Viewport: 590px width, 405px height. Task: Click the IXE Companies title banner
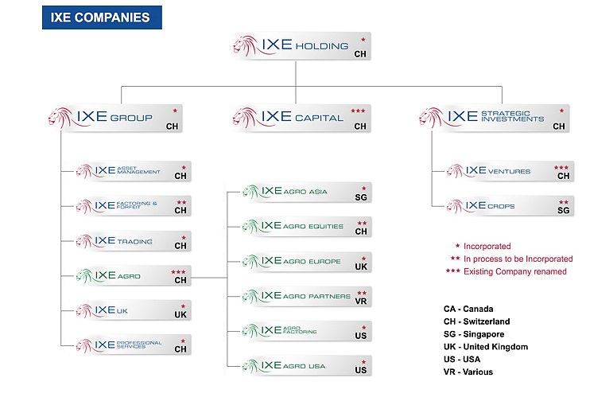click(101, 18)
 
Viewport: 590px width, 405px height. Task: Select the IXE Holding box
click(302, 46)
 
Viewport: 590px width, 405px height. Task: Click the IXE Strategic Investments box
click(493, 119)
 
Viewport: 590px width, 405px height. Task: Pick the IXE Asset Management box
click(132, 171)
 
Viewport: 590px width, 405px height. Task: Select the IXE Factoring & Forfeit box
click(132, 206)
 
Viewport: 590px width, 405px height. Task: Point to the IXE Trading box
click(132, 241)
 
